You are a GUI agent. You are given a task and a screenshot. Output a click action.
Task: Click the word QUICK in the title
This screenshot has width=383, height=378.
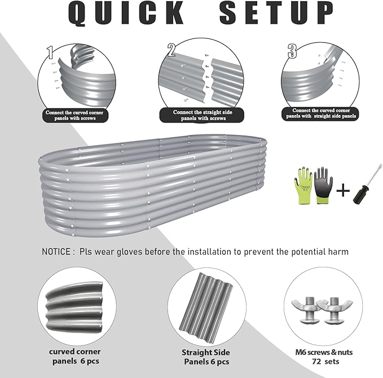point(127,14)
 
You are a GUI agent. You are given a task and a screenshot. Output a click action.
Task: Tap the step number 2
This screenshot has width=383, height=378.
point(171,49)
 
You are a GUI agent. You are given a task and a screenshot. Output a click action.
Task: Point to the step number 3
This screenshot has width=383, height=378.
point(292,51)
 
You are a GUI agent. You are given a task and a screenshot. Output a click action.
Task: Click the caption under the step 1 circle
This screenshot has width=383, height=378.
point(77,115)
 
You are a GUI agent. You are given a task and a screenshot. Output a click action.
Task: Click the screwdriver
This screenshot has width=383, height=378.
point(364,186)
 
